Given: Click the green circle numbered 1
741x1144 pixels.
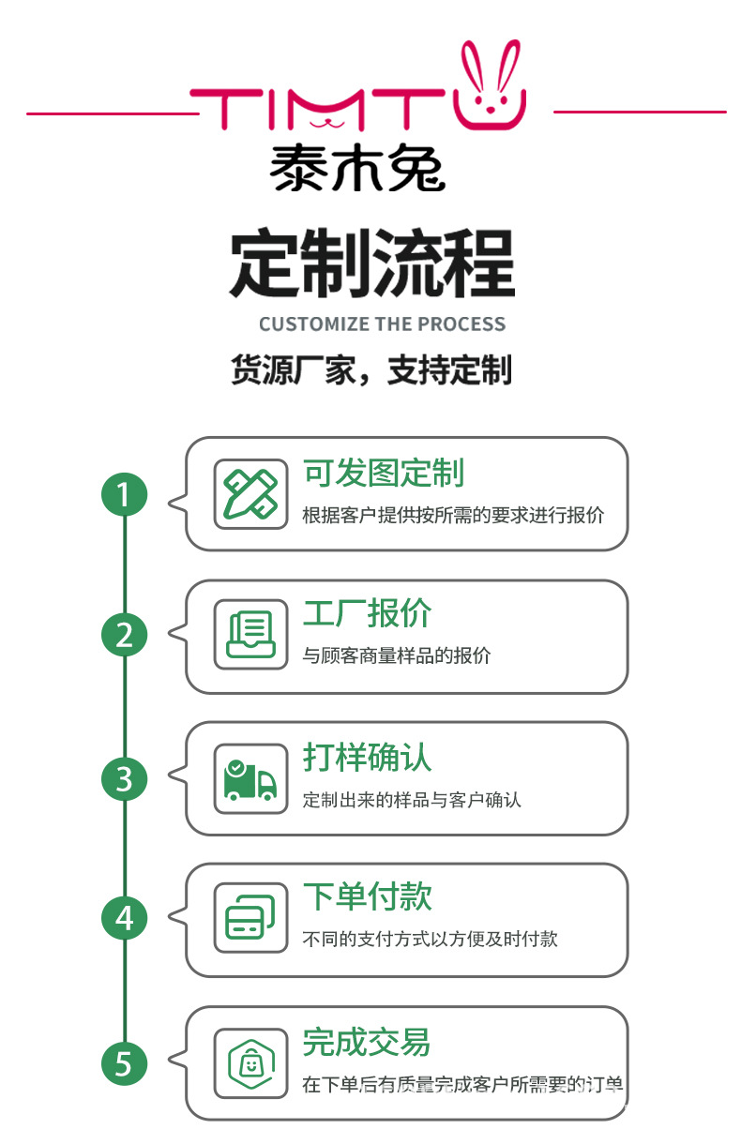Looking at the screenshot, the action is click(125, 493).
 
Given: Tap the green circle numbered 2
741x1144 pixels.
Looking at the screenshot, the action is click(125, 636).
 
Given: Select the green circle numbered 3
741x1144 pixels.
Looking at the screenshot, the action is click(125, 778).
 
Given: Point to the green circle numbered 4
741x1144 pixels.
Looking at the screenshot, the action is click(125, 920).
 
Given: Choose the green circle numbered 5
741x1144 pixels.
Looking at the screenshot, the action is click(125, 1063).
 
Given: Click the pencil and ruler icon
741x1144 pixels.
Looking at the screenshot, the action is click(250, 494).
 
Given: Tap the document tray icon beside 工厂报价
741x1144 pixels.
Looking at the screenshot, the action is click(250, 635).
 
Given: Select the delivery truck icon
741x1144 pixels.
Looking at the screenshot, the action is click(250, 778).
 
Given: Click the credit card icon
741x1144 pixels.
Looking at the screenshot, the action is click(250, 919).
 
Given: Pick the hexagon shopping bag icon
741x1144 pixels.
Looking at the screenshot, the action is click(250, 1062).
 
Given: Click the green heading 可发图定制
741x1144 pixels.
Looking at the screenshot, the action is click(383, 474).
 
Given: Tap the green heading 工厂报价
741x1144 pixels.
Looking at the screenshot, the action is click(367, 614).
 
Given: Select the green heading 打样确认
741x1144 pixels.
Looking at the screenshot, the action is click(367, 758).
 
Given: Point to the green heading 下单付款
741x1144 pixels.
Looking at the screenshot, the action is click(367, 897).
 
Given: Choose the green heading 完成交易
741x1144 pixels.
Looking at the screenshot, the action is click(367, 1042).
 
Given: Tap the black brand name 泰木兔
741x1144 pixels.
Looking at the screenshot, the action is click(357, 169).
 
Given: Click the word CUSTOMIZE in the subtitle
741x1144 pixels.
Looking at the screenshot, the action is click(314, 324).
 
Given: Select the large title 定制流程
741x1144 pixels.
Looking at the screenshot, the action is click(371, 265).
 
